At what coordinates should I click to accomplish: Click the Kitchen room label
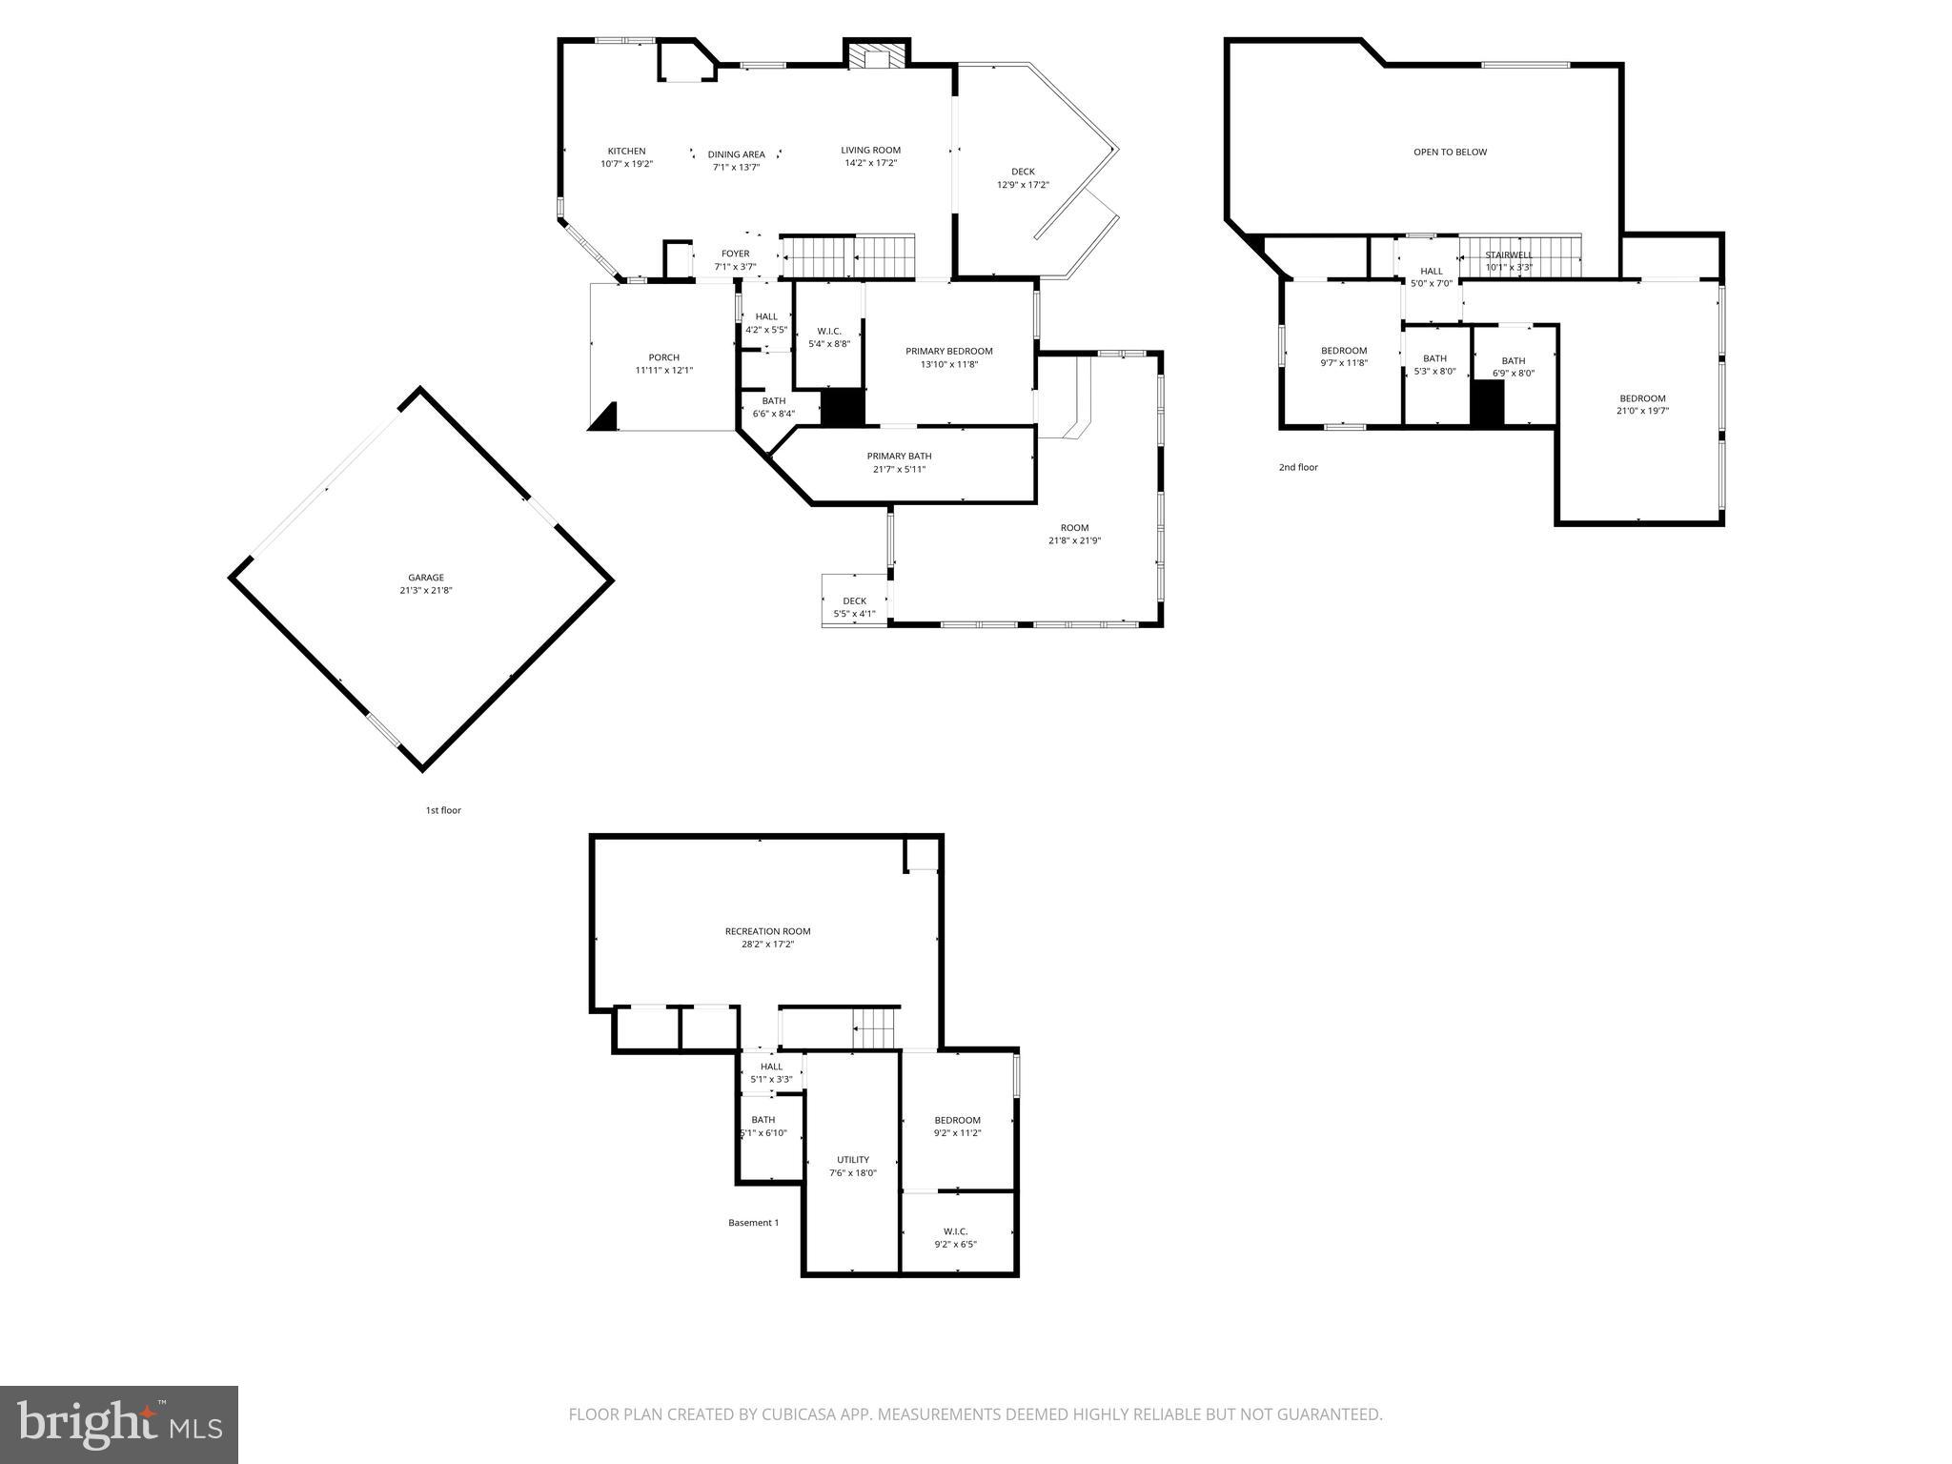(x=626, y=151)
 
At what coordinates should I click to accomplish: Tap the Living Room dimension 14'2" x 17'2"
(x=870, y=163)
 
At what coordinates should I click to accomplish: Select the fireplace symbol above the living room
(x=876, y=58)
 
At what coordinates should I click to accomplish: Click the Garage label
(x=426, y=578)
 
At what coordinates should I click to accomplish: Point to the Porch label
(x=663, y=357)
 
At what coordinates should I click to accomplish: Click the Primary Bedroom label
(x=948, y=351)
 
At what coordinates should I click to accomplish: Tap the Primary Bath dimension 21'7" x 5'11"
(x=899, y=469)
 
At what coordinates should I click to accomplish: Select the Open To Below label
(x=1450, y=152)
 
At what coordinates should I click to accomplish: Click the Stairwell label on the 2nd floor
(x=1509, y=254)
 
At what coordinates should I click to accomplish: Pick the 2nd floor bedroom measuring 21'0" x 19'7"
(x=1642, y=405)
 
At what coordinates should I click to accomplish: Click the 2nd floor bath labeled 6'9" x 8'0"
(x=1513, y=367)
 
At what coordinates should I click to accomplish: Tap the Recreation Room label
(x=767, y=931)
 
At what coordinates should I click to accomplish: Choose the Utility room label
(x=852, y=1160)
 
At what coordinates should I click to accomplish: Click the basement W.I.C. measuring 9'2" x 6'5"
(x=955, y=1237)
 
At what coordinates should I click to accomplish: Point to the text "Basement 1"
(x=753, y=1223)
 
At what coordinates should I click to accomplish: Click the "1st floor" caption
(x=443, y=810)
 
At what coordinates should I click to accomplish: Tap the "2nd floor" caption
(x=1298, y=467)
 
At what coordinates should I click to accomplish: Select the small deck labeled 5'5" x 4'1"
(x=854, y=607)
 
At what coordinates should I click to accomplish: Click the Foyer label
(x=735, y=254)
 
